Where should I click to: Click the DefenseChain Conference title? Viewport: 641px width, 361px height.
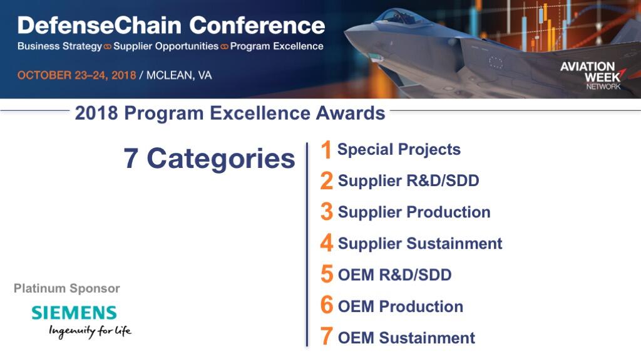[172, 25]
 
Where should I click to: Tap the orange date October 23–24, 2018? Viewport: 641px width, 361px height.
[76, 75]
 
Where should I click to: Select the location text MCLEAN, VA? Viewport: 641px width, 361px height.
[179, 75]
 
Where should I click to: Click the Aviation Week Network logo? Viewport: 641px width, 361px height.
[592, 76]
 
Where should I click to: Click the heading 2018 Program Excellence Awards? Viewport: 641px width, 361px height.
[230, 113]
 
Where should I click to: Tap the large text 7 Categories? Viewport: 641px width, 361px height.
[209, 159]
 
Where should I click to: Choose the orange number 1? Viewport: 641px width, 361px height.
[326, 149]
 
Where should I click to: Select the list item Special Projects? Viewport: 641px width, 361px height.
[399, 150]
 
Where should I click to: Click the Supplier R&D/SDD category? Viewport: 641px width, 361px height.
[408, 180]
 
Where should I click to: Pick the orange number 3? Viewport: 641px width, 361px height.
[327, 212]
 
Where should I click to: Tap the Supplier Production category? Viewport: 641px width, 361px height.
[414, 212]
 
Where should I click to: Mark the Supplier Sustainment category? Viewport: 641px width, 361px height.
[420, 244]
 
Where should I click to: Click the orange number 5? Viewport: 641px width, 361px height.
[327, 275]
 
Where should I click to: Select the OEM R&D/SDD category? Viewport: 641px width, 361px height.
[394, 275]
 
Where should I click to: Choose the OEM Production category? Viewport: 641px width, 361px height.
[401, 306]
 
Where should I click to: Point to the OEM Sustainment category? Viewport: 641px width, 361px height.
[406, 338]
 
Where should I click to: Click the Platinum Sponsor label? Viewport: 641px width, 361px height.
[67, 288]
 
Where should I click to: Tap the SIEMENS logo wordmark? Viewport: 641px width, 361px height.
[74, 313]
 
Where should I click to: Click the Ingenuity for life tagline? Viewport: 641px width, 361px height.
[90, 331]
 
